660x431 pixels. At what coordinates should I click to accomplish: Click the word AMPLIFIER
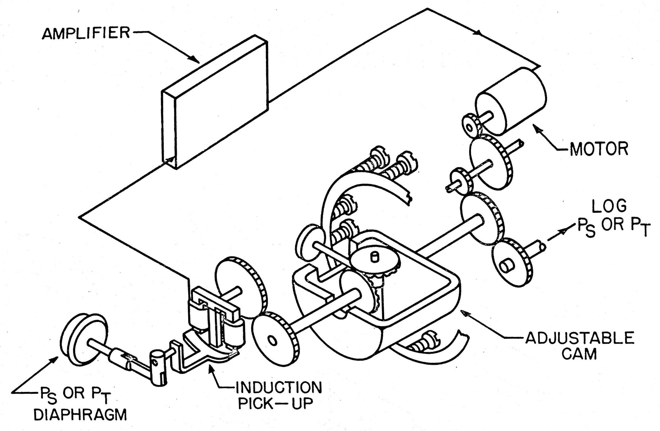pyautogui.click(x=86, y=33)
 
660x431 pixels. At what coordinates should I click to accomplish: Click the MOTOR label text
pyautogui.click(x=598, y=149)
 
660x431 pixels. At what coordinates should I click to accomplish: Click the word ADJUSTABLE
pyautogui.click(x=580, y=338)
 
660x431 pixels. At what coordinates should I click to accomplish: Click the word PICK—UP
pyautogui.click(x=275, y=404)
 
